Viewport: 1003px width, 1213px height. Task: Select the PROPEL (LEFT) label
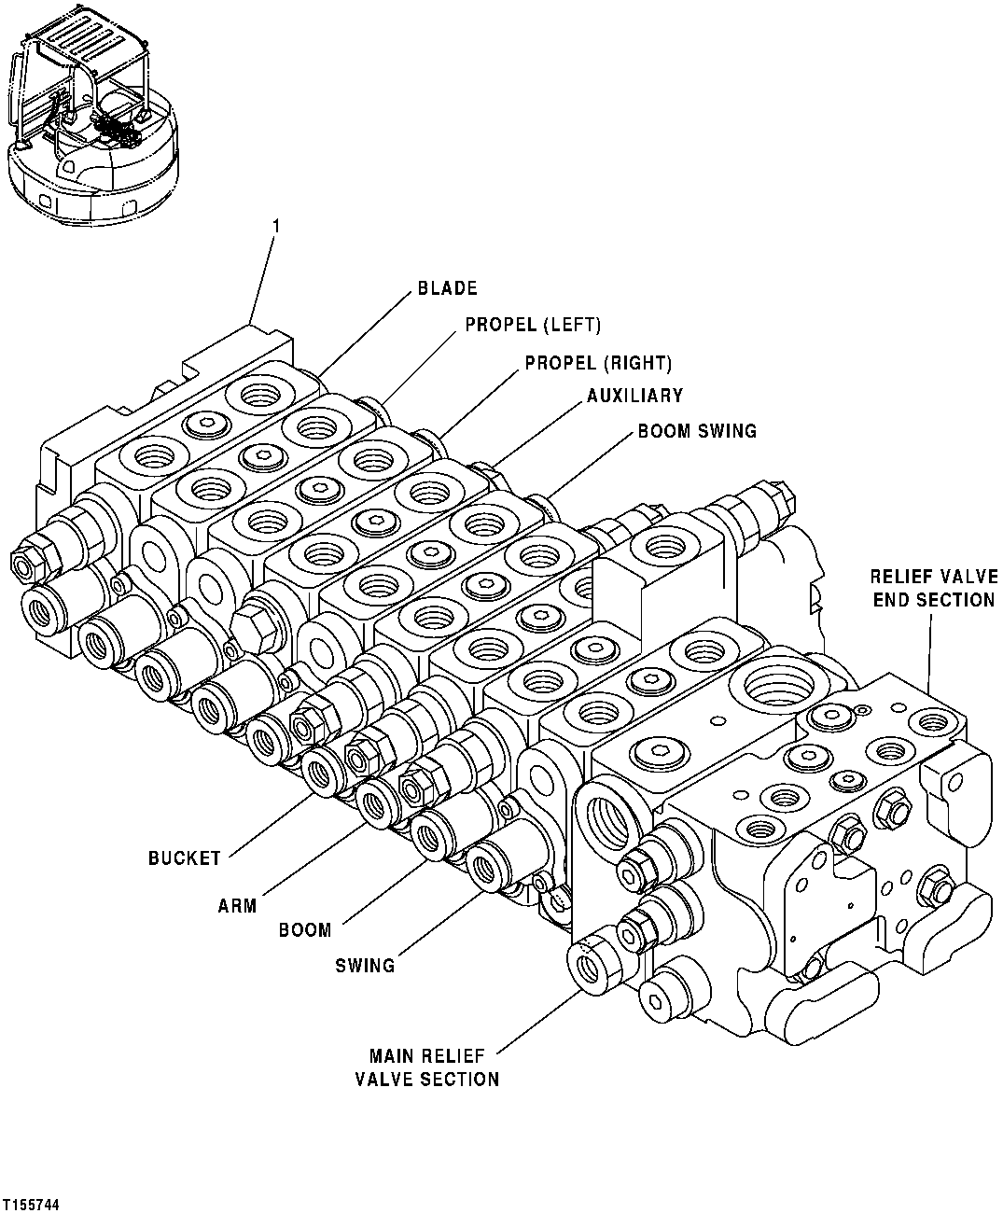tap(533, 326)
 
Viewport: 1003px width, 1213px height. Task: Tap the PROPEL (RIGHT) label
tap(598, 362)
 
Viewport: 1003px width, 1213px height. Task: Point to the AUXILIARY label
tap(634, 397)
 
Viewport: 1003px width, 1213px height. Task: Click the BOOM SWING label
tap(697, 431)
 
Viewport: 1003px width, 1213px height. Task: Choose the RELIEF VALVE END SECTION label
tap(934, 588)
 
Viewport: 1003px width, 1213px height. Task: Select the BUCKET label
tap(185, 857)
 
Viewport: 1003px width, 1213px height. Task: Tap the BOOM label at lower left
tap(304, 929)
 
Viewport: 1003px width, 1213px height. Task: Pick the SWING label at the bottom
tap(365, 965)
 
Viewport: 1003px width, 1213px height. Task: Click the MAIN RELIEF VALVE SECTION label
tap(426, 1067)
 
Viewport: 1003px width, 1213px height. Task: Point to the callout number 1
tap(275, 226)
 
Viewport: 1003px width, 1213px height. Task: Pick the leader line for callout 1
tap(263, 280)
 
